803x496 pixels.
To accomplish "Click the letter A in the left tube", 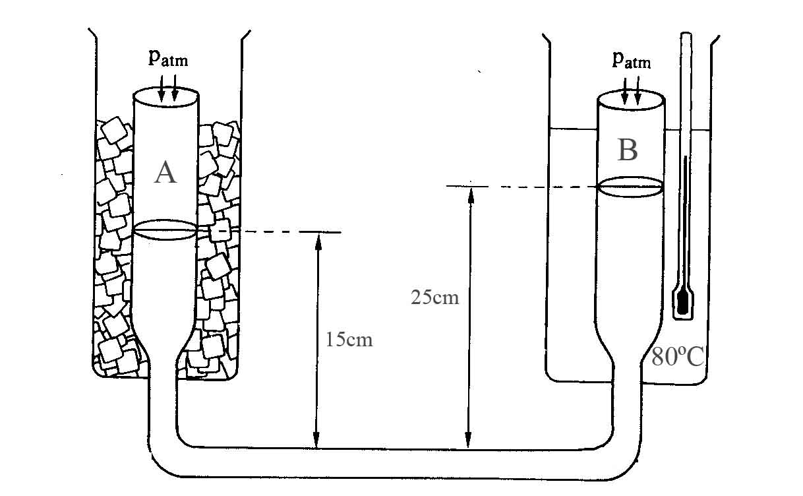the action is (165, 173).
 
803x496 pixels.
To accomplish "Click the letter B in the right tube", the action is (628, 150).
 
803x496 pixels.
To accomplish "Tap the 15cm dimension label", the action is (349, 339).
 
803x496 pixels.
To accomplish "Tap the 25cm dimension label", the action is (435, 297).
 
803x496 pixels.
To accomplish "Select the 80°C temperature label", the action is (678, 356).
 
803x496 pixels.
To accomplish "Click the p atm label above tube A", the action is (168, 59).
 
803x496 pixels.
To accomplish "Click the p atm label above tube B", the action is (632, 60).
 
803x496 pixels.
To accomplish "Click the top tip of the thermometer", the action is (686, 33).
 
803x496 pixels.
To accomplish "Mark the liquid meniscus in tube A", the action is (165, 230).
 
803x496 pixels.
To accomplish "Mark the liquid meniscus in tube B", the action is (631, 187).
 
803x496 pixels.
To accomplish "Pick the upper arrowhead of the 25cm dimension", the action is (471, 195).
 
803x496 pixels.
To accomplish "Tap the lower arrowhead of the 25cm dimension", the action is (468, 440).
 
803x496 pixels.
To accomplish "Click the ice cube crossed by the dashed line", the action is (220, 230).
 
